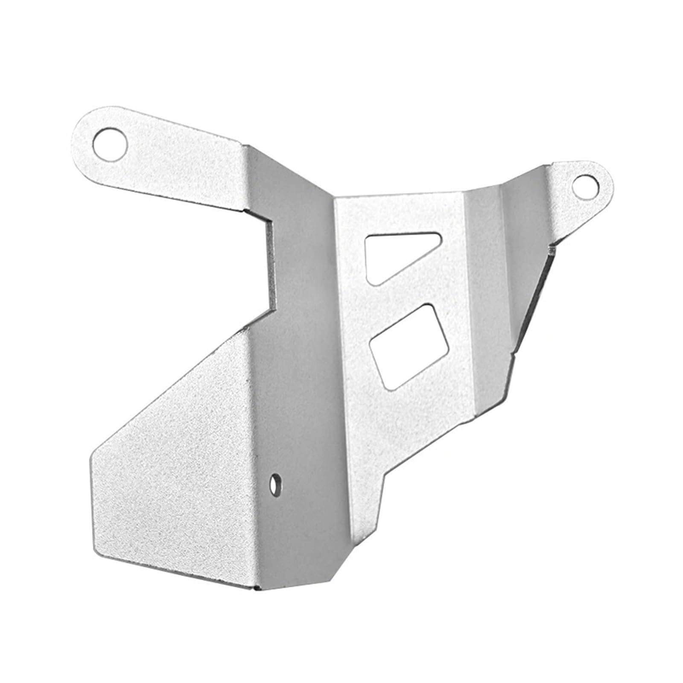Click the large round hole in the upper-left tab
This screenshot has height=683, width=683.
(x=110, y=143)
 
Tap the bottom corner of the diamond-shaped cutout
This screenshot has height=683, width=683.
(x=390, y=388)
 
